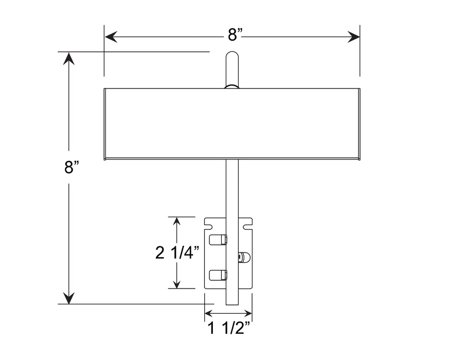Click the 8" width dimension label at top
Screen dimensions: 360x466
pyautogui.click(x=235, y=35)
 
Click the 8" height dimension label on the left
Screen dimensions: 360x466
pyautogui.click(x=71, y=168)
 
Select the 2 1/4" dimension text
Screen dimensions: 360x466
pyautogui.click(x=177, y=253)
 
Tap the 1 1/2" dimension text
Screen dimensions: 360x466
pyautogui.click(x=229, y=329)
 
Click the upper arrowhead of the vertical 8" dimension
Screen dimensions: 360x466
pyautogui.click(x=68, y=58)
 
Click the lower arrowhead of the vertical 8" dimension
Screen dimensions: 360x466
pyautogui.click(x=68, y=298)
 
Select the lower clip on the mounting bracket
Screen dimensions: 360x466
pyautogui.click(x=218, y=275)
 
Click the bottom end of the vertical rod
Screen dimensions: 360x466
pyautogui.click(x=232, y=302)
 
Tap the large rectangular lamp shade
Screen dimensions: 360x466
pyautogui.click(x=232, y=124)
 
